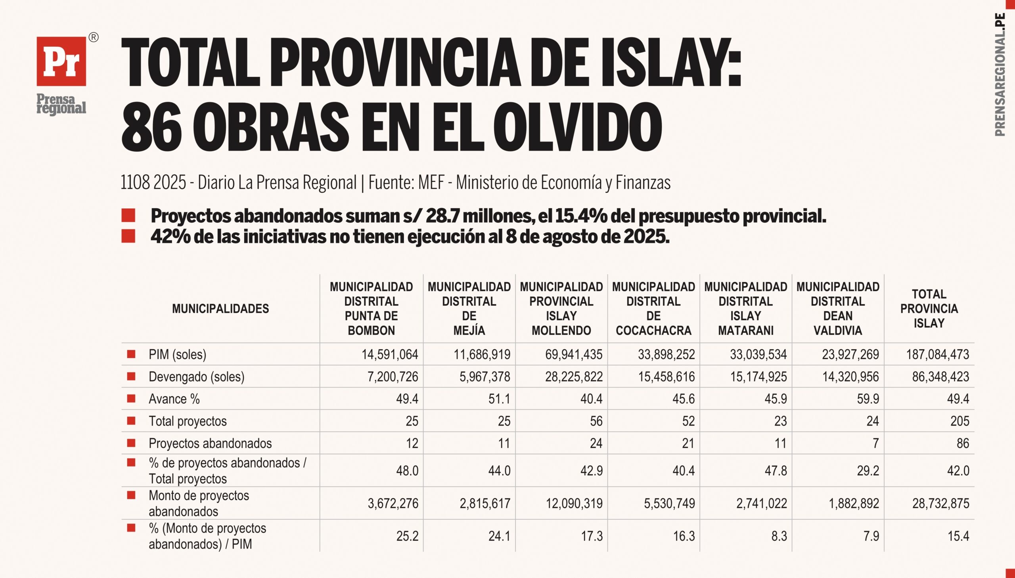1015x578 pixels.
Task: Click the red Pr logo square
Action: pos(61,61)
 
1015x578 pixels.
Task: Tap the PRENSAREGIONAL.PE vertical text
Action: pos(1000,75)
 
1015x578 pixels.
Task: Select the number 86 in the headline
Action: pos(151,126)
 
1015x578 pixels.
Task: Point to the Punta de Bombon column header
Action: pos(371,308)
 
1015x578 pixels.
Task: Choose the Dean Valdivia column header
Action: pos(837,308)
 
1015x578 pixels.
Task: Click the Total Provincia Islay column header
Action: pos(929,308)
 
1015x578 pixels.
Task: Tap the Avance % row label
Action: pos(174,398)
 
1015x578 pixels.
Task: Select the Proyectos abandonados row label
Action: pos(210,443)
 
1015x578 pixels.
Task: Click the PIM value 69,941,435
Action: pos(574,354)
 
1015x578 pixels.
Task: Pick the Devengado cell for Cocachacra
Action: pos(666,376)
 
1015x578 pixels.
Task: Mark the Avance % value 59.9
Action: pos(868,398)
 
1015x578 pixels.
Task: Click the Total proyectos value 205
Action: pos(959,421)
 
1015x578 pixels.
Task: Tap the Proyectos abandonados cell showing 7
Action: pos(875,443)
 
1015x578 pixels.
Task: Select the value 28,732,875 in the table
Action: pos(940,503)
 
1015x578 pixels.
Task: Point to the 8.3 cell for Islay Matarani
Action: pos(779,536)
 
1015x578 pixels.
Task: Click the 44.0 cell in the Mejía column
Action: pos(499,471)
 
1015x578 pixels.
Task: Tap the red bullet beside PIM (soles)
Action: pos(131,354)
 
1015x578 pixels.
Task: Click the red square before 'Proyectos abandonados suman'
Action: pos(128,215)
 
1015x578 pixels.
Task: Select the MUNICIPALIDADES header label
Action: pos(220,308)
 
